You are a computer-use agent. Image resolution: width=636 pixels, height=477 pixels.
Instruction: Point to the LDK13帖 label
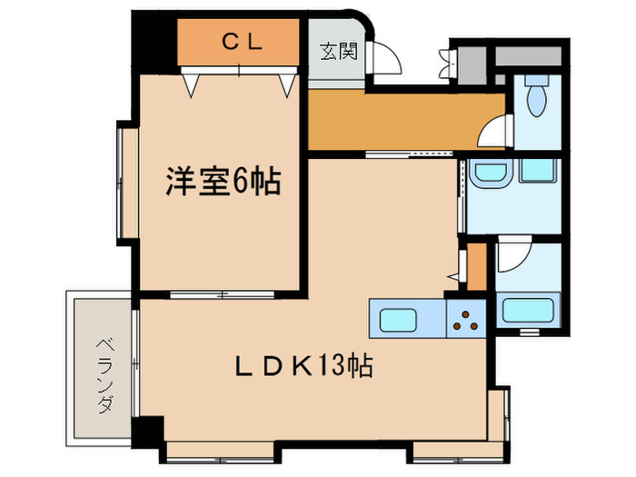[305, 368]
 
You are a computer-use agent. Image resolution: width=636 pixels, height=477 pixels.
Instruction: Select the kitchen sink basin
[398, 320]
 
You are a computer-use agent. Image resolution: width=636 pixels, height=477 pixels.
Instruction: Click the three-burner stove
[467, 319]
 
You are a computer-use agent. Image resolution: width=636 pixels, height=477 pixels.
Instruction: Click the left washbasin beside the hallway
[492, 173]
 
